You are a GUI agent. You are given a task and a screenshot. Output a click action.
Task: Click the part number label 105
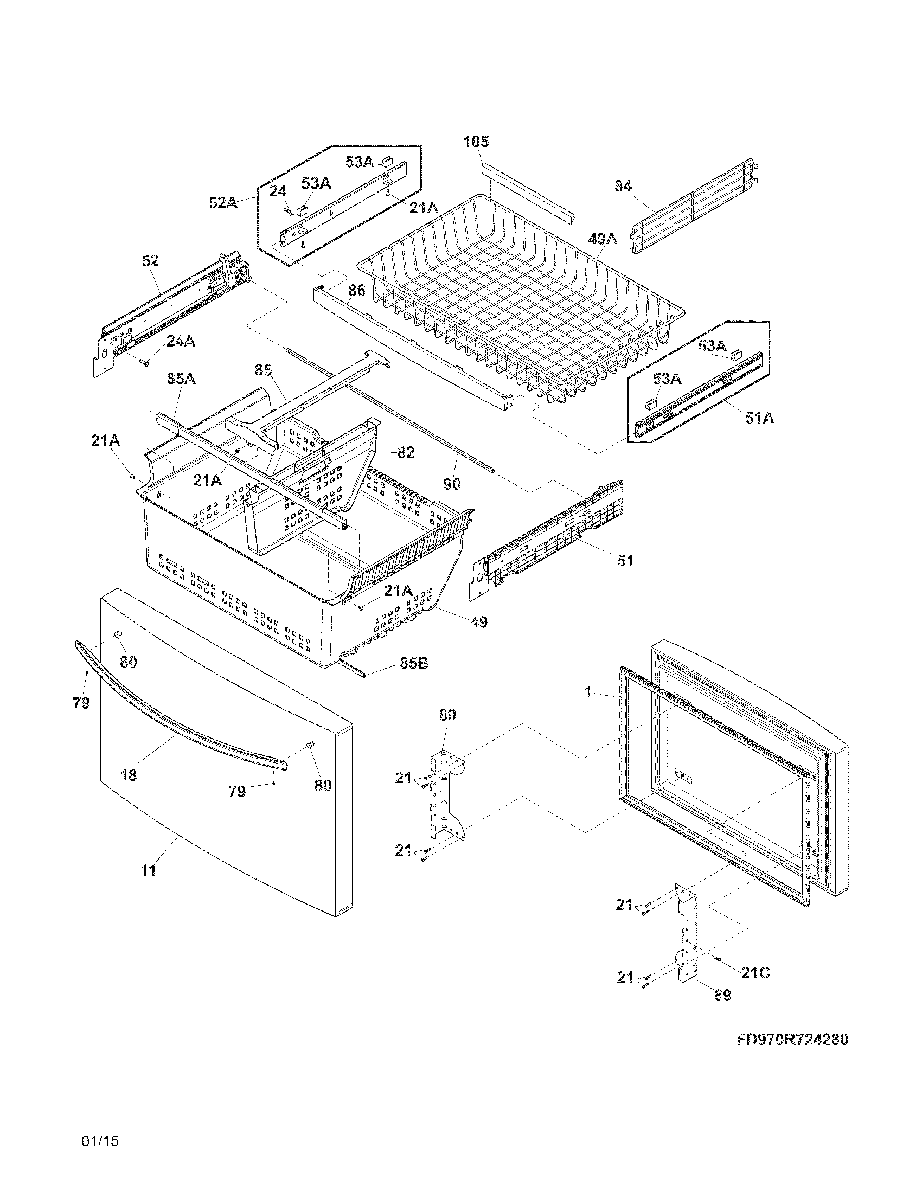476,142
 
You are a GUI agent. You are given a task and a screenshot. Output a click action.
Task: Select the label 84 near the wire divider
623,186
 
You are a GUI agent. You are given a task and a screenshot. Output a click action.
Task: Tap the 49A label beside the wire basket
603,239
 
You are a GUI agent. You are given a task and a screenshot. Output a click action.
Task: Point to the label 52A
223,203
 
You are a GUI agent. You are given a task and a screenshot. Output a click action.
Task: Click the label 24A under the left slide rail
180,341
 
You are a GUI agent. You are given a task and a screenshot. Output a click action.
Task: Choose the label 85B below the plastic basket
413,663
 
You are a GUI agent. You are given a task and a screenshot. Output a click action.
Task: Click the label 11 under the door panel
149,870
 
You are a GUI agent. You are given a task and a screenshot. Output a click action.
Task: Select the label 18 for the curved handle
129,774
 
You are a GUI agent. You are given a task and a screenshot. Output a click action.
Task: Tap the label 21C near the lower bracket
755,973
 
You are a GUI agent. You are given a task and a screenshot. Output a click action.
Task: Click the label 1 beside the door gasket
588,692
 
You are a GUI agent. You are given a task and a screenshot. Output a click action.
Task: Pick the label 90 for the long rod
451,483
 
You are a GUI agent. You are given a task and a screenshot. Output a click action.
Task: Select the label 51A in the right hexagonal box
759,418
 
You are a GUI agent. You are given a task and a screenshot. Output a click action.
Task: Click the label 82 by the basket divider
406,452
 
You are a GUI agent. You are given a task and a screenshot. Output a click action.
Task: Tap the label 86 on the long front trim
356,290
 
